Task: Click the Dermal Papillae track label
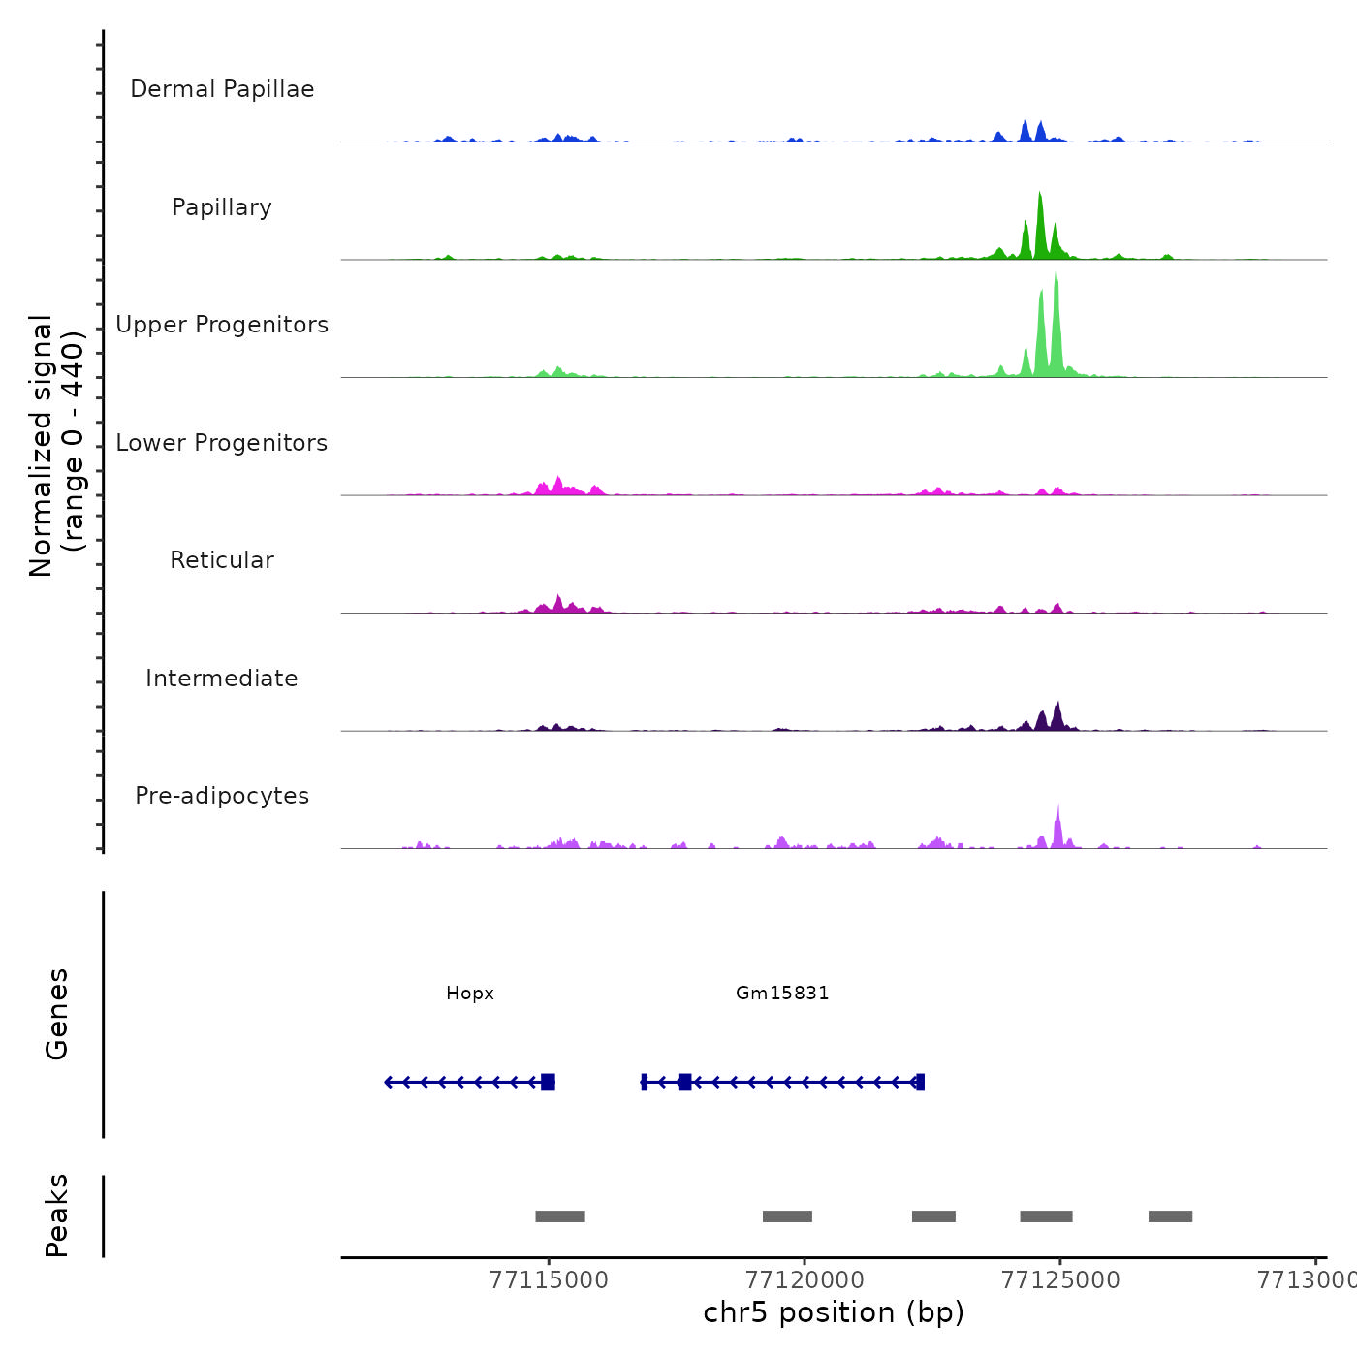tap(222, 89)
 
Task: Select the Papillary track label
tap(222, 207)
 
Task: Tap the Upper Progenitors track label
tap(222, 325)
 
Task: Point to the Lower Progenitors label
tap(222, 443)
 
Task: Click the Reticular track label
tap(222, 560)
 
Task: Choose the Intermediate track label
tap(222, 678)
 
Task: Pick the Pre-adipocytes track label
tap(222, 796)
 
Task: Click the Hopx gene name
tap(470, 994)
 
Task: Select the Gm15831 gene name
tap(782, 994)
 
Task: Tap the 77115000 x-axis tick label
tap(549, 1280)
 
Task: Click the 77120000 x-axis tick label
tap(805, 1280)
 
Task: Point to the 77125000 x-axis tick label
tap(1060, 1280)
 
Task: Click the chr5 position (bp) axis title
tap(834, 1313)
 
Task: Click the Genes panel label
tap(57, 1014)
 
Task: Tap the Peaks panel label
tap(57, 1215)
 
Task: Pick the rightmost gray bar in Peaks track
tap(1170, 1216)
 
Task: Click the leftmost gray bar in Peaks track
tap(560, 1216)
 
